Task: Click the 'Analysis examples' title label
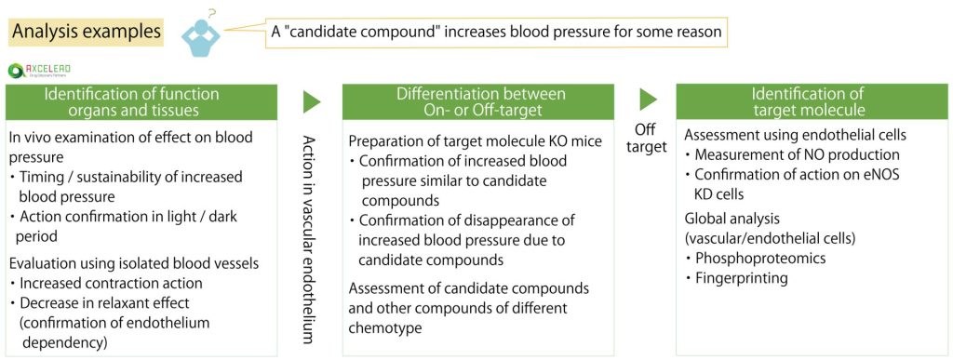tap(87, 31)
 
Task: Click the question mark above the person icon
tap(211, 12)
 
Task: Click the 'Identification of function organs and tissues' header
tap(141, 101)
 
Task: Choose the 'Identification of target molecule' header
tap(812, 101)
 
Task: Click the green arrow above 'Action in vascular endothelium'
tap(311, 101)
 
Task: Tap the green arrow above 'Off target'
tap(648, 100)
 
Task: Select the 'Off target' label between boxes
tap(647, 139)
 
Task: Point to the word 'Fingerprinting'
tap(737, 278)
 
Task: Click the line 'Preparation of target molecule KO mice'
tap(476, 140)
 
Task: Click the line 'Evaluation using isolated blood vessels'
tap(134, 263)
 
